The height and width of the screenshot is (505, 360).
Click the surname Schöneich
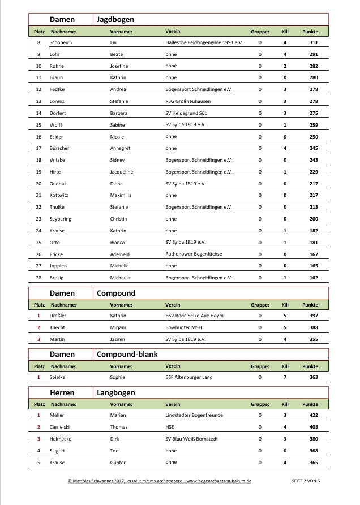62,42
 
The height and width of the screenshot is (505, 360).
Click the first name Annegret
121,148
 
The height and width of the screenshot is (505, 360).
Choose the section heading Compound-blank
127,354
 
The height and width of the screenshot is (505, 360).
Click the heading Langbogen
116,392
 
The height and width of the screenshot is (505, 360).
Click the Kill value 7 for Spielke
285,377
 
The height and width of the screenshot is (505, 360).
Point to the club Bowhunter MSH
185,327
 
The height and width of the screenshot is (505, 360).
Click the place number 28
38,278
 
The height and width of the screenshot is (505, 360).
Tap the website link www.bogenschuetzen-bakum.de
218,480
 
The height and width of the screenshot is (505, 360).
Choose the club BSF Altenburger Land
189,377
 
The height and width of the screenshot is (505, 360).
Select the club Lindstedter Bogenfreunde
194,415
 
